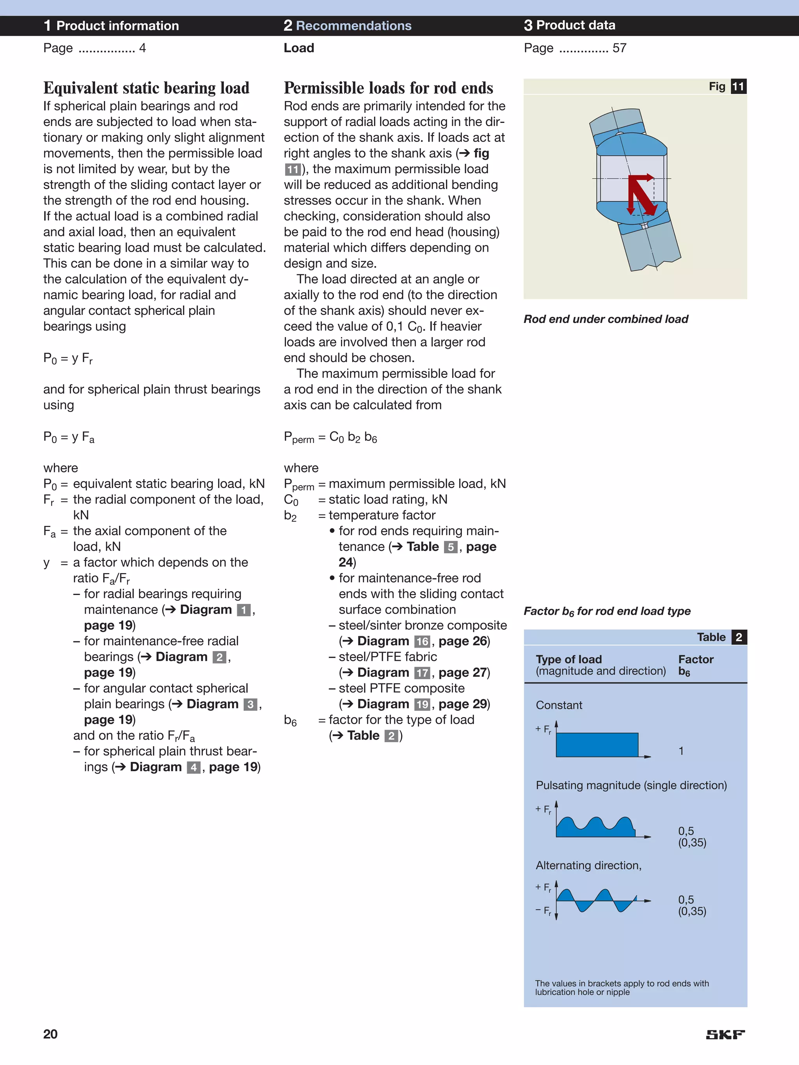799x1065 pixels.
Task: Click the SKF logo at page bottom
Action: pos(725,1034)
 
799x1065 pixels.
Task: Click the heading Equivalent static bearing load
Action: pos(146,88)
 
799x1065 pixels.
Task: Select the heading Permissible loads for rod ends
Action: pos(388,88)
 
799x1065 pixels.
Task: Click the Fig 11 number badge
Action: pos(738,87)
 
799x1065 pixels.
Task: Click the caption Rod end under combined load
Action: pos(606,319)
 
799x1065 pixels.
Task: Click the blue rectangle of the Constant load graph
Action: pos(597,745)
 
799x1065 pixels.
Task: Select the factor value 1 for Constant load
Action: pos(681,751)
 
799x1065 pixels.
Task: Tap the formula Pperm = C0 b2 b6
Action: pos(330,437)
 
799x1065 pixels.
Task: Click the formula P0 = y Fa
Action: pos(69,437)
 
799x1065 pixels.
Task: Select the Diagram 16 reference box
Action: pos(422,641)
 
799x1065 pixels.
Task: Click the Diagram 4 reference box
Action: pos(194,767)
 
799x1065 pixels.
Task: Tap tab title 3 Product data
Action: pos(570,25)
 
